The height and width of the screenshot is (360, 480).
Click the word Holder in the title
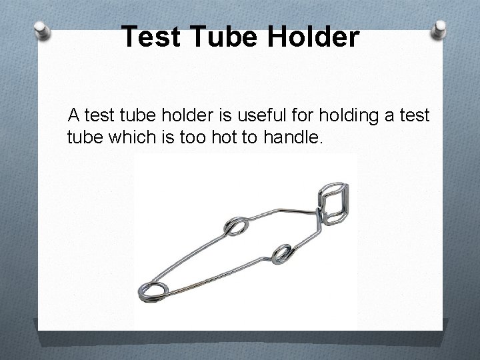click(314, 37)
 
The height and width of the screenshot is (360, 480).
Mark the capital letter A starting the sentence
click(73, 116)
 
